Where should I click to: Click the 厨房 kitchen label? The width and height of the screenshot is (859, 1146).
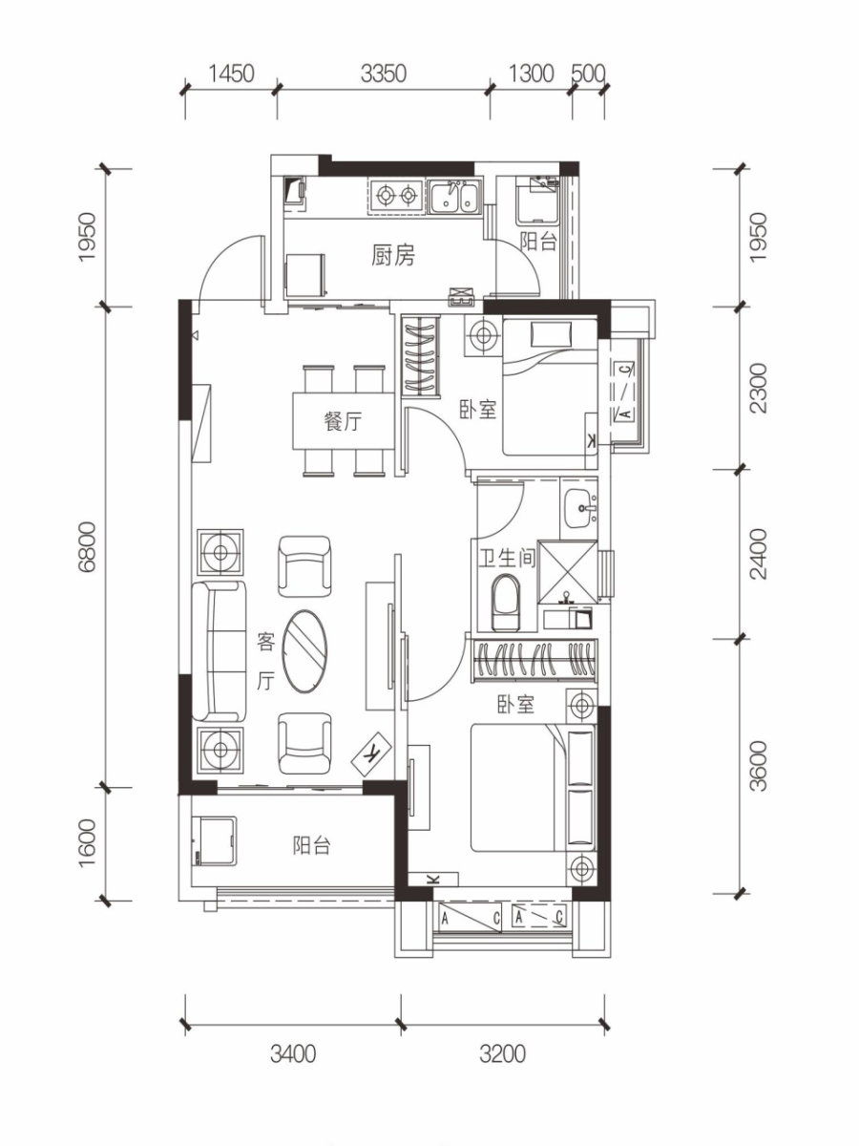pyautogui.click(x=393, y=256)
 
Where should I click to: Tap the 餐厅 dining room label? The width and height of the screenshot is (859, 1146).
pyautogui.click(x=343, y=421)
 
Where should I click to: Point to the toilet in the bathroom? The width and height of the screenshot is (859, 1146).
pyautogui.click(x=506, y=603)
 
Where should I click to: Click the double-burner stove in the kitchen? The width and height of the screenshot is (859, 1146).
pyautogui.click(x=396, y=196)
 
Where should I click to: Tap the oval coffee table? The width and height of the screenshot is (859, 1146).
pyautogui.click(x=305, y=651)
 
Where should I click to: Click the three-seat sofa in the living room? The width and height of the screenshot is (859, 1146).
pyautogui.click(x=220, y=651)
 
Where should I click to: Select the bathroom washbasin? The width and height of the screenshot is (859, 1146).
pyautogui.click(x=579, y=508)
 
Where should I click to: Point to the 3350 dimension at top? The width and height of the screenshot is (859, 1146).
pyautogui.click(x=384, y=74)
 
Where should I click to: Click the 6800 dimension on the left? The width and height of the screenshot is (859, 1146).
pyautogui.click(x=88, y=546)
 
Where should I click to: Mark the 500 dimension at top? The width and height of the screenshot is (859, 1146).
pyautogui.click(x=588, y=74)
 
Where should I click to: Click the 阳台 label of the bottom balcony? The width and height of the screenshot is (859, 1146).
pyautogui.click(x=311, y=845)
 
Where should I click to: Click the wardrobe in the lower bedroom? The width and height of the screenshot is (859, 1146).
pyautogui.click(x=534, y=661)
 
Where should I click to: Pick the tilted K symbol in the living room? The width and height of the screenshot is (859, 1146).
pyautogui.click(x=373, y=753)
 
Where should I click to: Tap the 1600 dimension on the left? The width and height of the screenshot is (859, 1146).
pyautogui.click(x=88, y=842)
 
